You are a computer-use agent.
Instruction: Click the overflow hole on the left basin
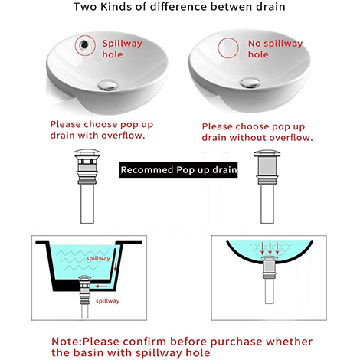[81, 45]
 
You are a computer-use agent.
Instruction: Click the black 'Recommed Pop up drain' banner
[179, 169]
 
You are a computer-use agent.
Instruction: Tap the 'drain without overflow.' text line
[257, 138]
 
